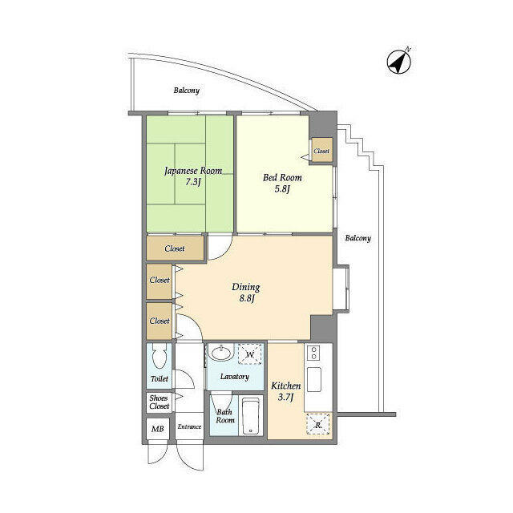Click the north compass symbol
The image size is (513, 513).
pos(399,62)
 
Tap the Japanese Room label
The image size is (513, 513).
pos(193,171)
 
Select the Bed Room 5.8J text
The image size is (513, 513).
pos(282,184)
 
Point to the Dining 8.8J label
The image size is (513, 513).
pos(246,293)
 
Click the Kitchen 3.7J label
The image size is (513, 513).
pos(285,391)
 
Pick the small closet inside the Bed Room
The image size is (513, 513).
pos(322,150)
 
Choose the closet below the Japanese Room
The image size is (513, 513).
pos(175,248)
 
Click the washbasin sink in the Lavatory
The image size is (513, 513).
pos(221,353)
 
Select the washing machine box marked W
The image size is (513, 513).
pos(250,353)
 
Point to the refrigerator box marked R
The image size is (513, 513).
pos(317,424)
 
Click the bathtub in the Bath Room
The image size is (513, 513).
pos(251,415)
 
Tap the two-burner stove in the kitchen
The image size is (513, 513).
pos(313,353)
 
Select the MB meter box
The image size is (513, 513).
pos(157,429)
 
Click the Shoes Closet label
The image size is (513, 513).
pos(159,402)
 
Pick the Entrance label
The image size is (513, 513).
pos(189,426)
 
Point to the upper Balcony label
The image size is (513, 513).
pos(187,91)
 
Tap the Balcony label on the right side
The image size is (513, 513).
pos(358,238)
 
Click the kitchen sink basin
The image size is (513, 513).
pos(313,379)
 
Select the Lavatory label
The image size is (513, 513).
pos(235,377)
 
